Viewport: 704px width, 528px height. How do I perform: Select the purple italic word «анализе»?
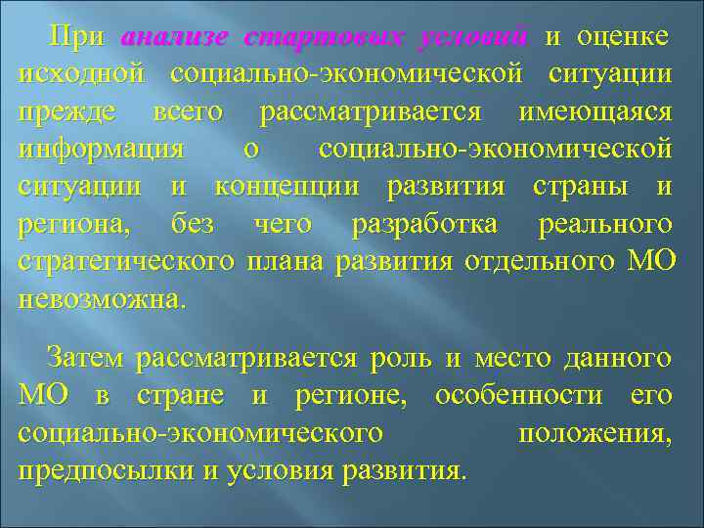click(x=175, y=36)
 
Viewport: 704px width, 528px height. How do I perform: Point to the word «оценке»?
click(x=623, y=36)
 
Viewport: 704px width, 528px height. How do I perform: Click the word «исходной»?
click(x=81, y=74)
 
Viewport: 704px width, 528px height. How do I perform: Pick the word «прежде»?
click(x=64, y=112)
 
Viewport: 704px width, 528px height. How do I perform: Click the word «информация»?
click(x=101, y=150)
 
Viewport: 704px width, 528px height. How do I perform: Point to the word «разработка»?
click(x=424, y=225)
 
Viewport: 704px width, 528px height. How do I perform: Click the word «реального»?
click(x=604, y=225)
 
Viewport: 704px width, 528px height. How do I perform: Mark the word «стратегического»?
click(x=126, y=263)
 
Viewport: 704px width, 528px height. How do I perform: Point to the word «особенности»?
click(x=508, y=396)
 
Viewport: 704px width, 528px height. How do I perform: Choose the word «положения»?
click(x=594, y=434)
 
